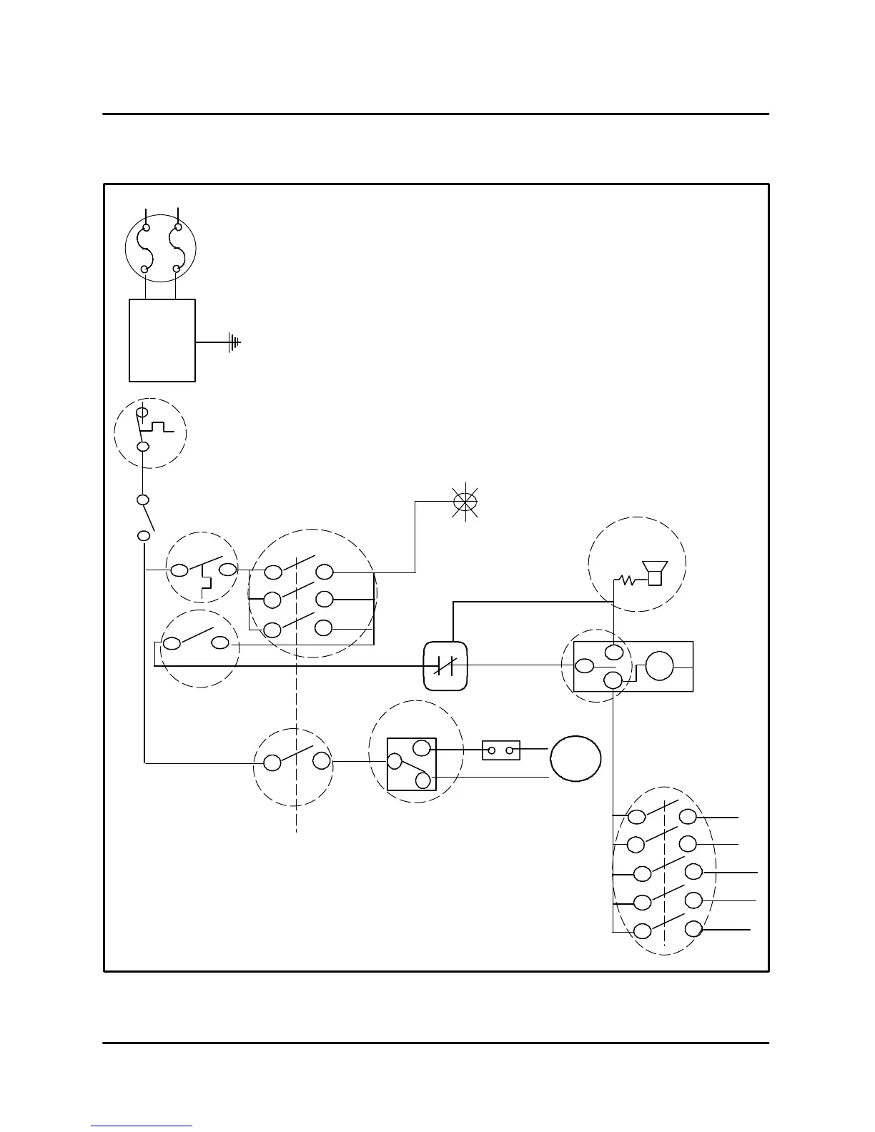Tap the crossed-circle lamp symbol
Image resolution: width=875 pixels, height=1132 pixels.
[x=465, y=502]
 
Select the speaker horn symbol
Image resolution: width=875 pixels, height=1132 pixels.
[x=655, y=573]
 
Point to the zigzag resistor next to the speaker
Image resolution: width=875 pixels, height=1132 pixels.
[x=628, y=580]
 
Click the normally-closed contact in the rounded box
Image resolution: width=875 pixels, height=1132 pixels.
[x=445, y=666]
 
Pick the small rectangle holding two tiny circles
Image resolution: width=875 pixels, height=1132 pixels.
[x=500, y=750]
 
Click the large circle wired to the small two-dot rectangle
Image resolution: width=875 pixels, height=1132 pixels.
[x=575, y=758]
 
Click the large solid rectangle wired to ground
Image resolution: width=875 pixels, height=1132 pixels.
[x=162, y=340]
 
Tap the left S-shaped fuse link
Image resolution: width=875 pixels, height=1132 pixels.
[x=145, y=249]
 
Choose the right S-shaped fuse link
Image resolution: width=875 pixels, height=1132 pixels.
[x=177, y=249]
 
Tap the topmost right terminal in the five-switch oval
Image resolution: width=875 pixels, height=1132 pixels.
[x=688, y=816]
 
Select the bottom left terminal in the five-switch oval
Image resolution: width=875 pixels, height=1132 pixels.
[x=643, y=931]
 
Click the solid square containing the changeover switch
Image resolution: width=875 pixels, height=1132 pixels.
[x=412, y=765]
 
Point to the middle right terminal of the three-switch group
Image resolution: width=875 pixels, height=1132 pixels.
[x=325, y=598]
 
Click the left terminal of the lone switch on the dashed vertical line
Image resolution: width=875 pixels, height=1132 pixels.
[x=272, y=763]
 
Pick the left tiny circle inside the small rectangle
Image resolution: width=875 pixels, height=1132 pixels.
[x=492, y=750]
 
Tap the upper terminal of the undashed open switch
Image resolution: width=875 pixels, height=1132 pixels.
[x=143, y=500]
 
